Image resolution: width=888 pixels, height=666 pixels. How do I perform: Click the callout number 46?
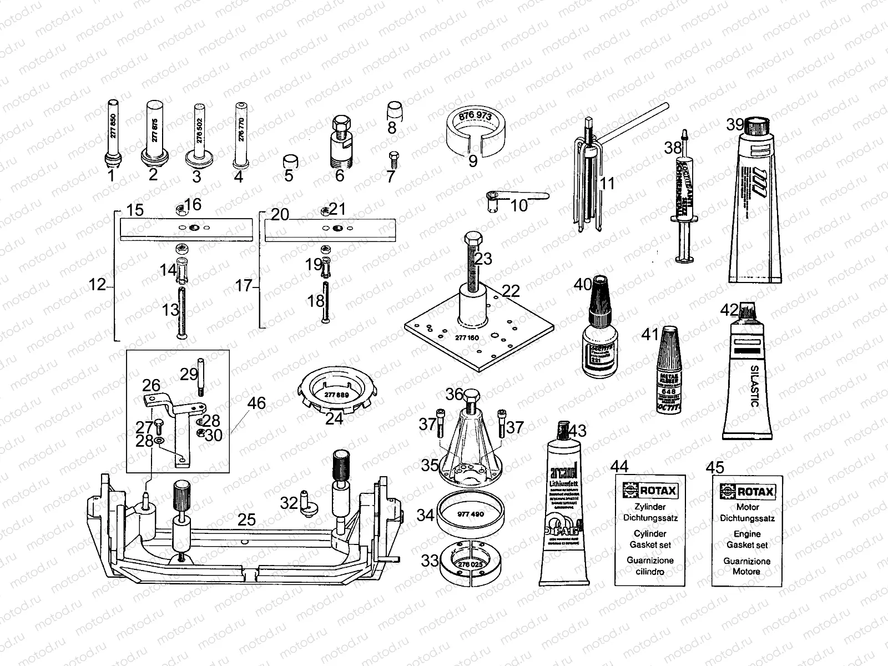click(x=256, y=403)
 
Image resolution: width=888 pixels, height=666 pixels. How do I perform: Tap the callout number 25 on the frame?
click(x=246, y=519)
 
